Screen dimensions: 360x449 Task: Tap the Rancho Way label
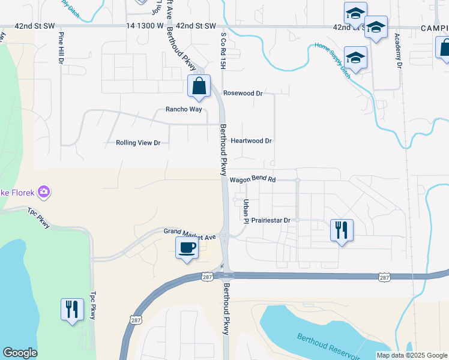[184, 110]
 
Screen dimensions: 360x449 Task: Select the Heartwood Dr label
[252, 141]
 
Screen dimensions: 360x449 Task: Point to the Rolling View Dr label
[138, 143]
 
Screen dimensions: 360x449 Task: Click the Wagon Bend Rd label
[252, 179]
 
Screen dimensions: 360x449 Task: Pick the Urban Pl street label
[246, 209]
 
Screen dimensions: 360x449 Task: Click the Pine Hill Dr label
[61, 49]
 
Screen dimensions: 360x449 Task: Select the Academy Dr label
[398, 50]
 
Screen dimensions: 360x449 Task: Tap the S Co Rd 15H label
[222, 50]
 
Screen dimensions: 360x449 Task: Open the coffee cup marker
[187, 248]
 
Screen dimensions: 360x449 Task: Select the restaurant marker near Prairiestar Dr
[342, 230]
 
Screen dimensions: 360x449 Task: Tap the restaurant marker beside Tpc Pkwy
[72, 310]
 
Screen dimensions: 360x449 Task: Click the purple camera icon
[43, 192]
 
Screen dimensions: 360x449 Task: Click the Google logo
[20, 353]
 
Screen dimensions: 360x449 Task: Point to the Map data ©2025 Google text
[411, 355]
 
